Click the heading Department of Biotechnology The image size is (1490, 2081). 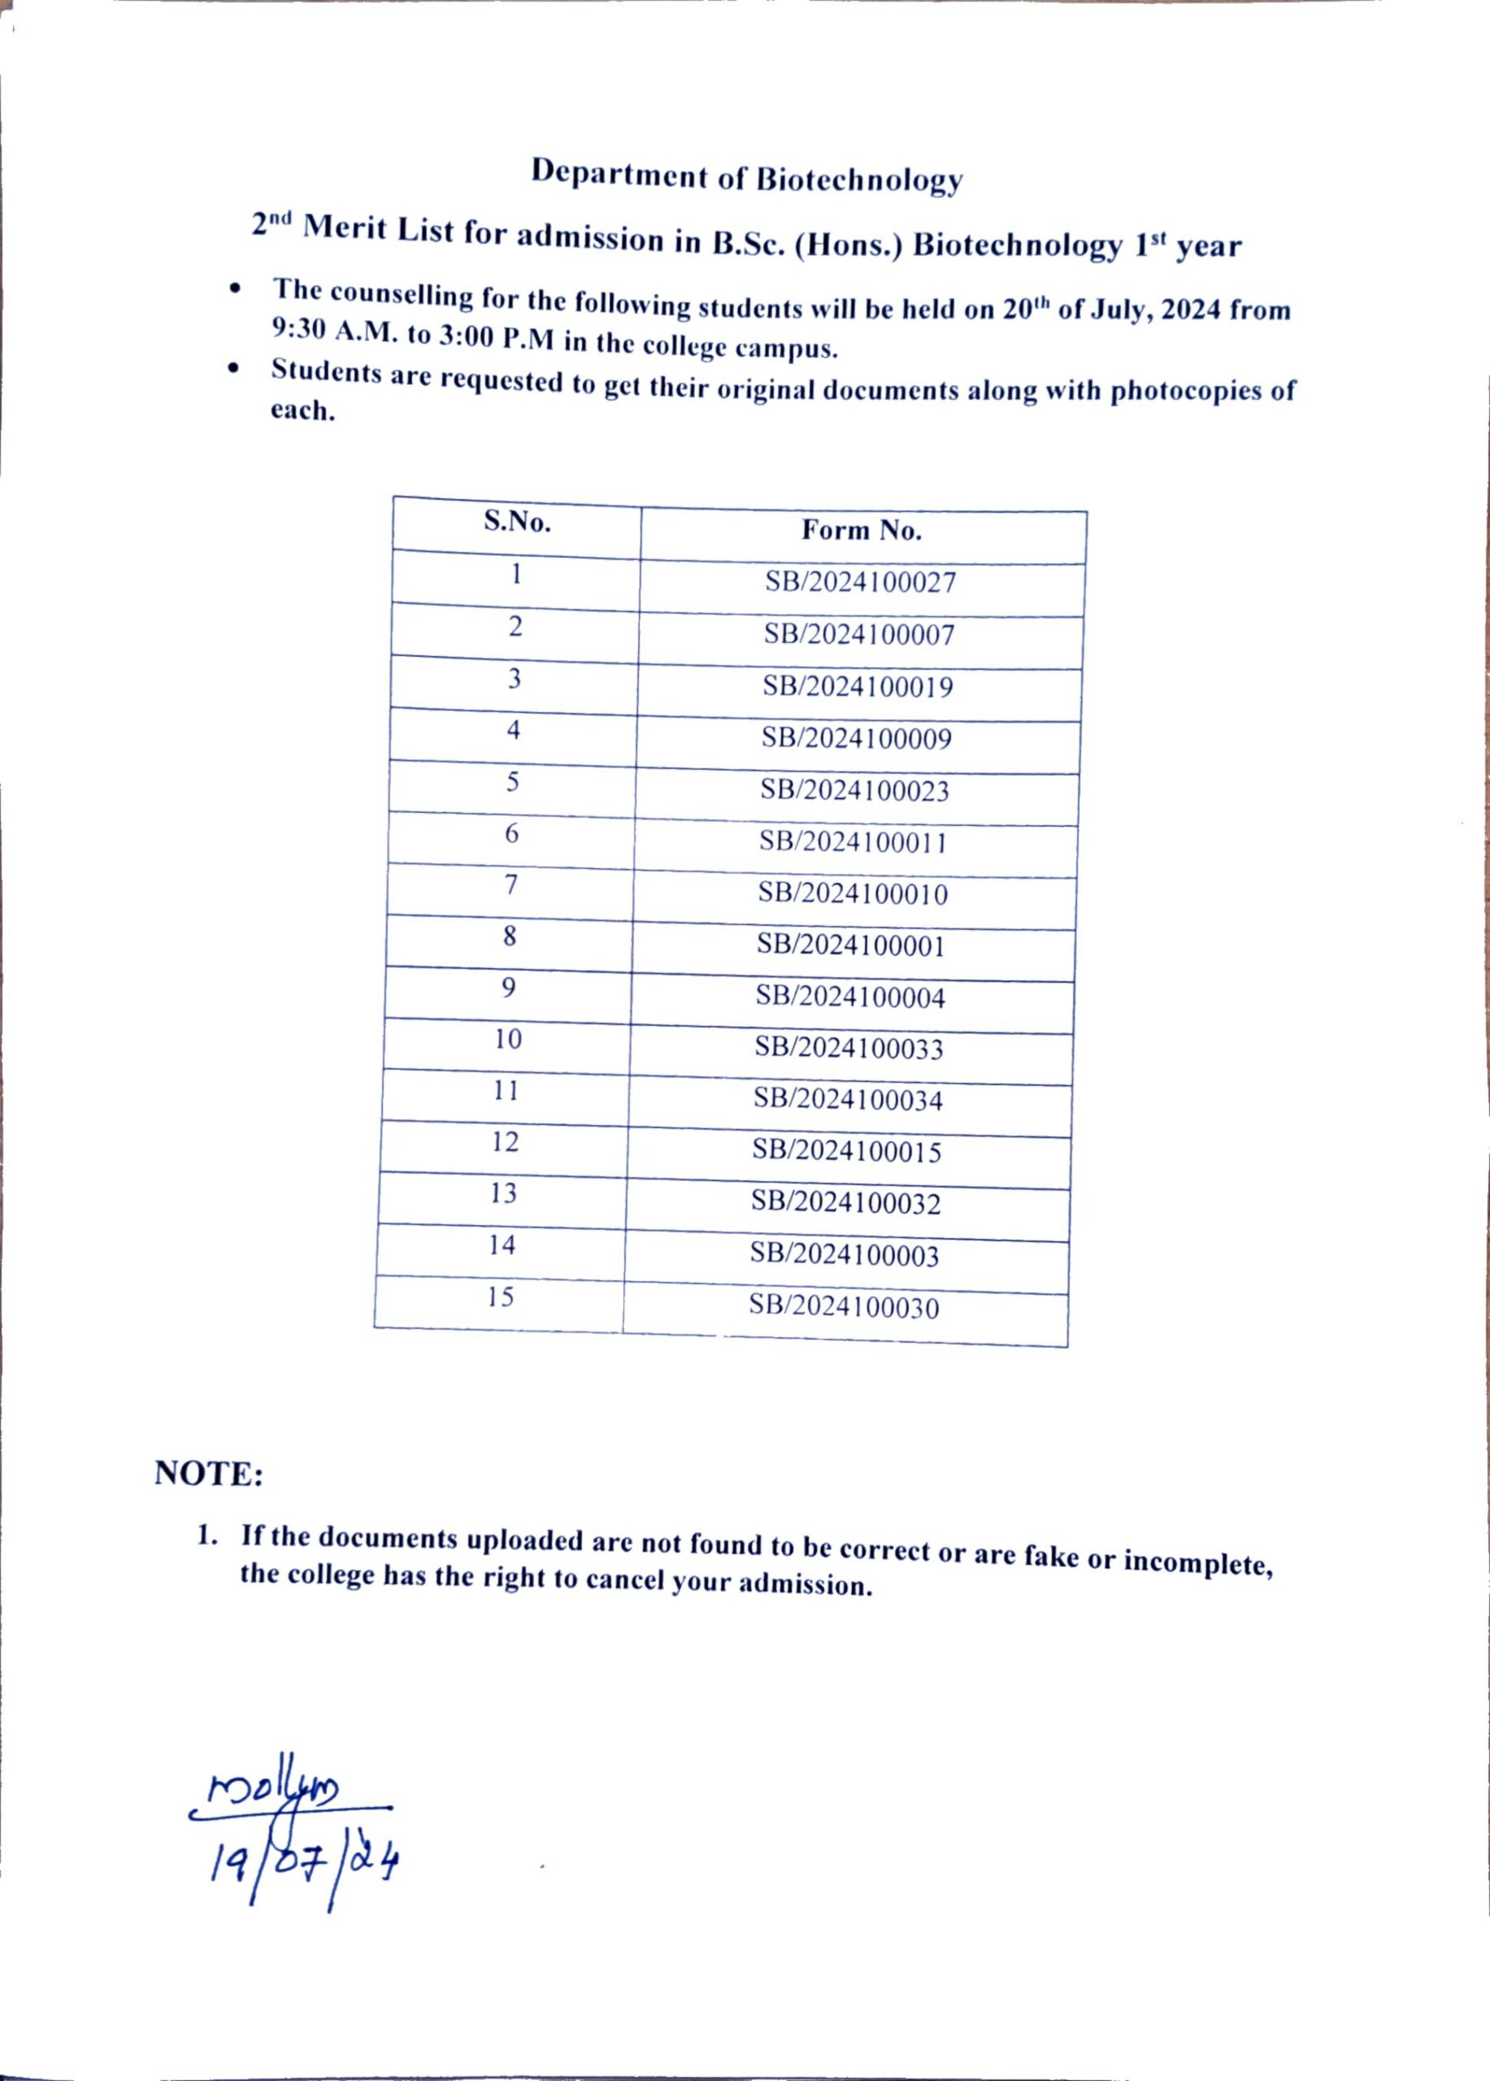pos(747,176)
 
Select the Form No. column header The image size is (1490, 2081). pos(862,530)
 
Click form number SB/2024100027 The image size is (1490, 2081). pos(861,583)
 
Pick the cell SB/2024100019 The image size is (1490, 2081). pos(858,687)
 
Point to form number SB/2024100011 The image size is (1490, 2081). pos(854,842)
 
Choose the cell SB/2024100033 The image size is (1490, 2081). pos(849,1048)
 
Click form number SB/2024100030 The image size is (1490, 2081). pos(843,1307)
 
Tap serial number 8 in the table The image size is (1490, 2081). pos(510,936)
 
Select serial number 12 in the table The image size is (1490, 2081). pos(506,1141)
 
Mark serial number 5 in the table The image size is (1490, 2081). pos(513,782)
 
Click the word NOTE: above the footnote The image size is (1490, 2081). pos(209,1474)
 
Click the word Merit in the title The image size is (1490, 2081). pos(345,228)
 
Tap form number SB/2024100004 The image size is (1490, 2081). pos(850,997)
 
